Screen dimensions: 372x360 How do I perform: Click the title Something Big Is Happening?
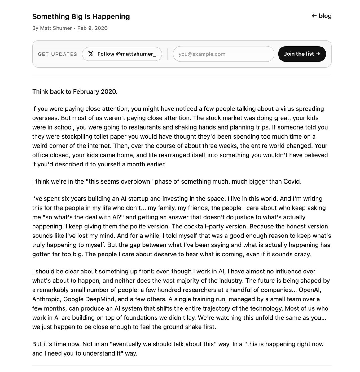coord(81,16)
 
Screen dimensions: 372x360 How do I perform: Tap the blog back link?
coord(322,16)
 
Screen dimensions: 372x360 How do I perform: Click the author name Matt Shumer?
coord(56,28)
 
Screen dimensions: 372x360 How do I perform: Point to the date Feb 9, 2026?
coord(92,28)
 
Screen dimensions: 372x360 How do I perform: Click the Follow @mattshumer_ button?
coord(122,54)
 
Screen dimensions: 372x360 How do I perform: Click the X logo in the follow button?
coord(91,54)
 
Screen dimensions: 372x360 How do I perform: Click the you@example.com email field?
coord(223,54)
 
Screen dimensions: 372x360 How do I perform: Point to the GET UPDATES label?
coord(57,54)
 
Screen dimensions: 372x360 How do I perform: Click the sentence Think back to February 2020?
coord(75,92)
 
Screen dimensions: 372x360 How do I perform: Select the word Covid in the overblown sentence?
coord(292,181)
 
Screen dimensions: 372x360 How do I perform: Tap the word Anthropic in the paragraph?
coord(45,299)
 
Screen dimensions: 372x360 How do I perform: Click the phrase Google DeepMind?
coord(88,299)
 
